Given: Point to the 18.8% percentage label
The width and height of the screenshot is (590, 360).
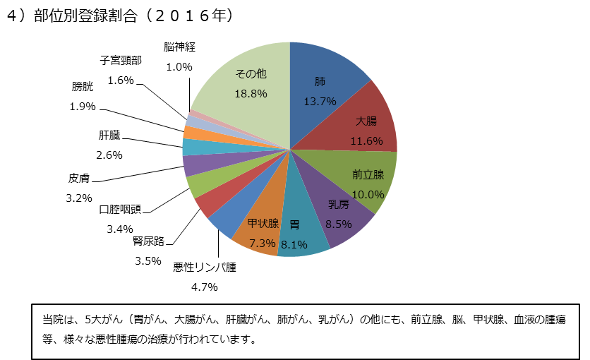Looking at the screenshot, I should point(251,93).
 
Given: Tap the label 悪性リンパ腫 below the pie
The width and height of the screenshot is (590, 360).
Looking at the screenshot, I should point(205,268).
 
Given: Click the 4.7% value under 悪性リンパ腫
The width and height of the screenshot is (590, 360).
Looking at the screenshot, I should point(205,287).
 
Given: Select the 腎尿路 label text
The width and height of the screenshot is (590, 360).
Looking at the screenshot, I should point(148,241).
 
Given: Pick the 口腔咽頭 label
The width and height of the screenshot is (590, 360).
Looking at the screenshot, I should point(120,210).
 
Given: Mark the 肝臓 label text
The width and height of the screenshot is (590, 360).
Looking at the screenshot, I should point(110,135).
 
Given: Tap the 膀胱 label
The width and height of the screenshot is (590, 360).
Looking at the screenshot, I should point(82,87).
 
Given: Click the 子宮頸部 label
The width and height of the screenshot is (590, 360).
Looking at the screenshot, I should point(121,61).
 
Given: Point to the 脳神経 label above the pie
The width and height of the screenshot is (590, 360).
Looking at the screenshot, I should point(179,47).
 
